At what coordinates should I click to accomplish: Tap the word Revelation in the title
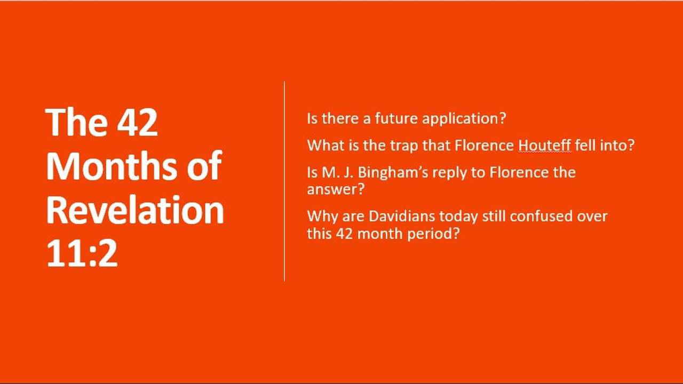(135, 210)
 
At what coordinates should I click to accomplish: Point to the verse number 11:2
(82, 253)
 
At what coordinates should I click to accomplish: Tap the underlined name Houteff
(545, 146)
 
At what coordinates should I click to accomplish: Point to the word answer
(336, 189)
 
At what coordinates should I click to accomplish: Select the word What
(325, 146)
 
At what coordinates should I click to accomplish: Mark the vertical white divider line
(284, 181)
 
